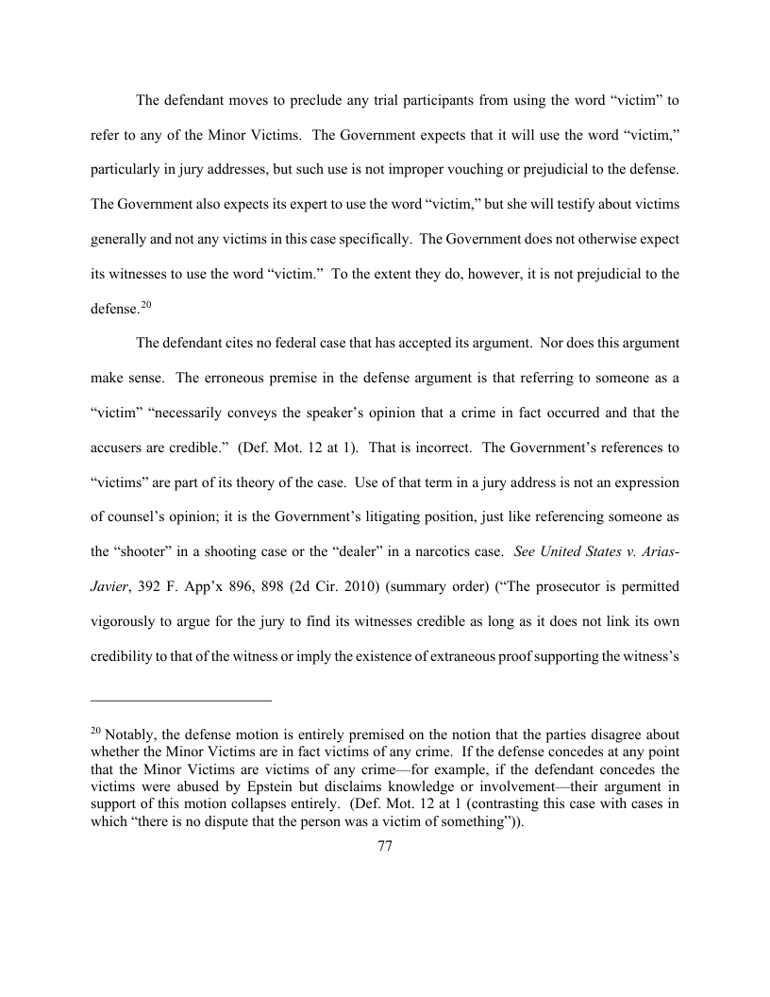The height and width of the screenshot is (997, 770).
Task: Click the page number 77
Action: (x=384, y=847)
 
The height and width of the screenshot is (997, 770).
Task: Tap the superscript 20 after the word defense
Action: (x=145, y=303)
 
